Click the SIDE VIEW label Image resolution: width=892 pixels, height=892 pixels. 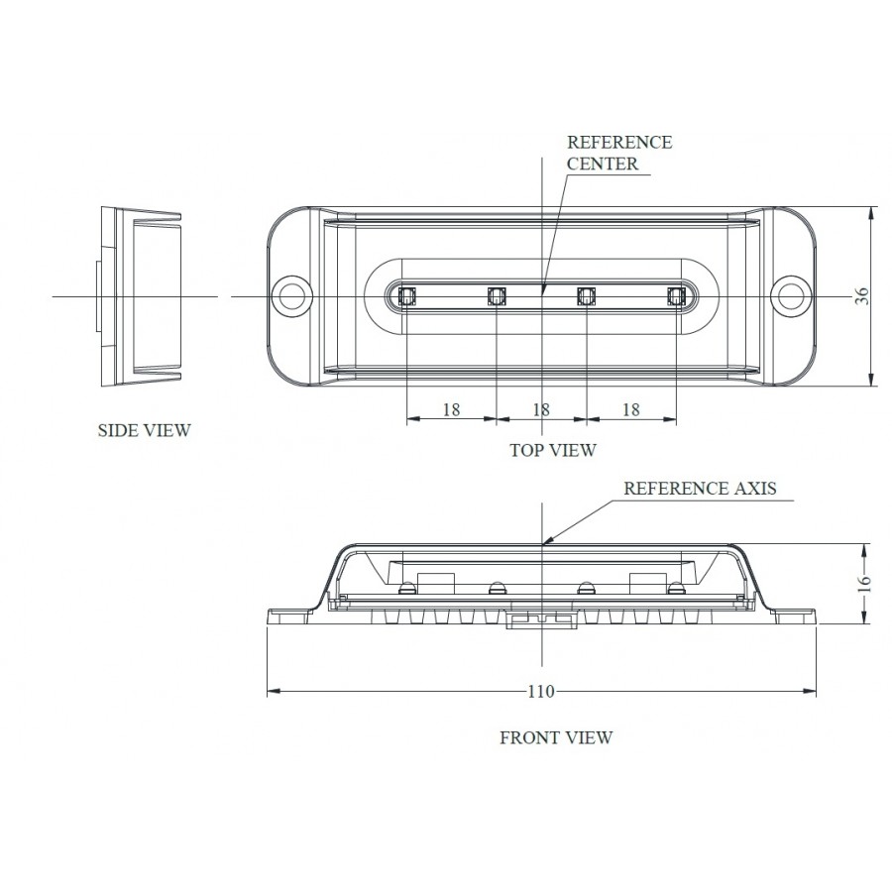tap(144, 430)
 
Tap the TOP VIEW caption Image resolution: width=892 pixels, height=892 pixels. tap(553, 450)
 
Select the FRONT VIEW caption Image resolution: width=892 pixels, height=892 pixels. tap(556, 737)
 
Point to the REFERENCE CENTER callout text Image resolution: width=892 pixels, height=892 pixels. tap(618, 153)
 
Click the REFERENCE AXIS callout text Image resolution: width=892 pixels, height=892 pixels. tap(700, 488)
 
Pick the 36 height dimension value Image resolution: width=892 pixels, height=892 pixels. tap(862, 295)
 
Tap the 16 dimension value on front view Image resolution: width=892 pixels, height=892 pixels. tap(862, 583)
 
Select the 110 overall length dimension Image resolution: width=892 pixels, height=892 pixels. tap(541, 691)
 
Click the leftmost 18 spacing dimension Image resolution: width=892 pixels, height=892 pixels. tap(451, 409)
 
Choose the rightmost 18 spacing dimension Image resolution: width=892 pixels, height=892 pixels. tap(630, 409)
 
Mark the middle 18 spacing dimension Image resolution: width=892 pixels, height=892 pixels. tap(541, 409)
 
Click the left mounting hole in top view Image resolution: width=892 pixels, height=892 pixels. tap(291, 295)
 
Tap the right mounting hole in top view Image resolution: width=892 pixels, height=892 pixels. tap(792, 295)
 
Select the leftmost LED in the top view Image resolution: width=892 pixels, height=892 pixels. tap(406, 295)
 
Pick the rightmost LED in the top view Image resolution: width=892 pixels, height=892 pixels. tap(676, 295)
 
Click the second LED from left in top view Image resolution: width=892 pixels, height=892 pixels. tap(497, 295)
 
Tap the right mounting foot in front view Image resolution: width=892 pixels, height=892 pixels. tap(795, 615)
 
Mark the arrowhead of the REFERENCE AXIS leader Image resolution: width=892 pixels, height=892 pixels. tap(546, 542)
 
